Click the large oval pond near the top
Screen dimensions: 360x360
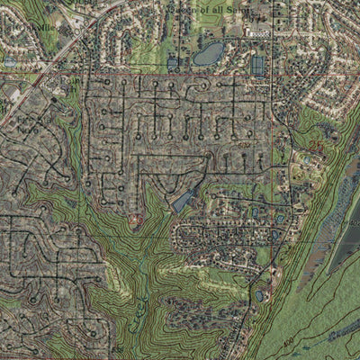(x=209, y=53)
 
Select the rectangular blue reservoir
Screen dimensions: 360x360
(x=258, y=65)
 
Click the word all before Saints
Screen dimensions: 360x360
(x=213, y=7)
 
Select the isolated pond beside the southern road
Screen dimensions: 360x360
(x=261, y=294)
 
